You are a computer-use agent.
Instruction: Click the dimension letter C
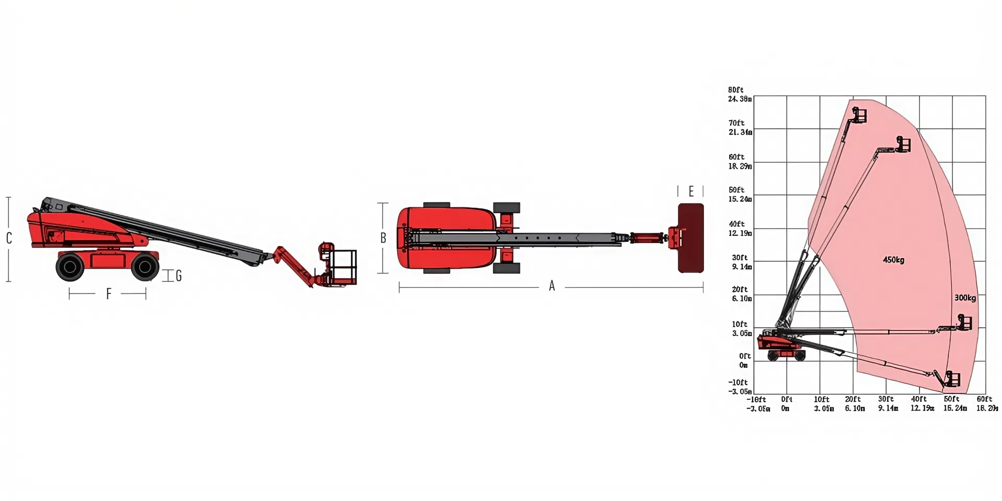(9, 238)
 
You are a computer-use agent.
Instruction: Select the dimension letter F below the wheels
(109, 294)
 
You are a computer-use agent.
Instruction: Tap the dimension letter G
(178, 276)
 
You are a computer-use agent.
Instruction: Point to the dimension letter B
(383, 238)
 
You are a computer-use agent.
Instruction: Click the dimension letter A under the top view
(552, 286)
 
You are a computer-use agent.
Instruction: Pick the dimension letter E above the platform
(691, 192)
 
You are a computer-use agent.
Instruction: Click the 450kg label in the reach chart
(893, 260)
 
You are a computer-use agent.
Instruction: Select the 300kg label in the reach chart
(964, 298)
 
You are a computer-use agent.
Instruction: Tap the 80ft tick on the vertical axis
(736, 90)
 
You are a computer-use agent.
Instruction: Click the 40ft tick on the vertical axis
(736, 224)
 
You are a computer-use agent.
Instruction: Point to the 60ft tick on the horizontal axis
(984, 399)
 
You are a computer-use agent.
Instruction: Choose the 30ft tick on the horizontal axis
(886, 399)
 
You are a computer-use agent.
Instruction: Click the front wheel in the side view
(145, 267)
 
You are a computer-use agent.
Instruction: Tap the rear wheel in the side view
(70, 267)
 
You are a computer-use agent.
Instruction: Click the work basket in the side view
(342, 267)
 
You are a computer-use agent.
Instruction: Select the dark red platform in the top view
(690, 238)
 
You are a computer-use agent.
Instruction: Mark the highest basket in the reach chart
(859, 115)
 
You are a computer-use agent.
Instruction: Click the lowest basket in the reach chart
(952, 379)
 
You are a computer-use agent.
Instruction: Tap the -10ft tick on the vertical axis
(738, 383)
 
